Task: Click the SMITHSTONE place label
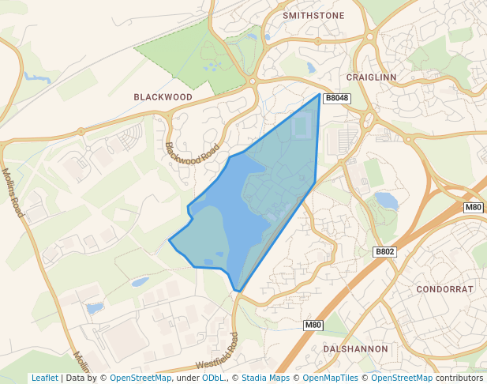pyautogui.click(x=313, y=14)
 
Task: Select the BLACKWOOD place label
pyautogui.click(x=163, y=96)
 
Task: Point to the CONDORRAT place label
pyautogui.click(x=445, y=289)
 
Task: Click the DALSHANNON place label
pyautogui.click(x=356, y=348)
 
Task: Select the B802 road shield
pyautogui.click(x=384, y=251)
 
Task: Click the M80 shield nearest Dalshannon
pyautogui.click(x=313, y=325)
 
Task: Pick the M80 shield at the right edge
pyautogui.click(x=473, y=207)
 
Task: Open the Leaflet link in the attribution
pyautogui.click(x=44, y=378)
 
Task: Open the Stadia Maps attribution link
pyautogui.click(x=265, y=378)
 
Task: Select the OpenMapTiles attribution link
pyautogui.click(x=329, y=378)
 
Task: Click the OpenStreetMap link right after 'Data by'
pyautogui.click(x=140, y=378)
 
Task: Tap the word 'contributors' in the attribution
pyautogui.click(x=459, y=378)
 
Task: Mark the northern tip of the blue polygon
pyautogui.click(x=320, y=95)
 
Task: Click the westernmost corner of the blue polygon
pyautogui.click(x=170, y=239)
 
